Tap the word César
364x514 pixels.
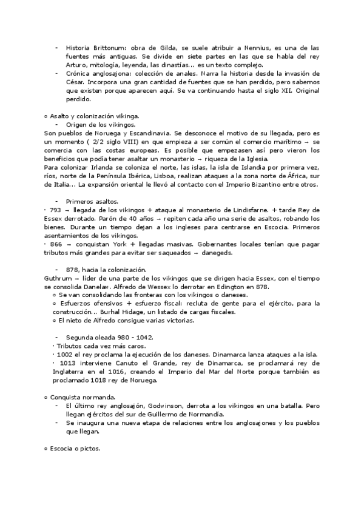(76, 82)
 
